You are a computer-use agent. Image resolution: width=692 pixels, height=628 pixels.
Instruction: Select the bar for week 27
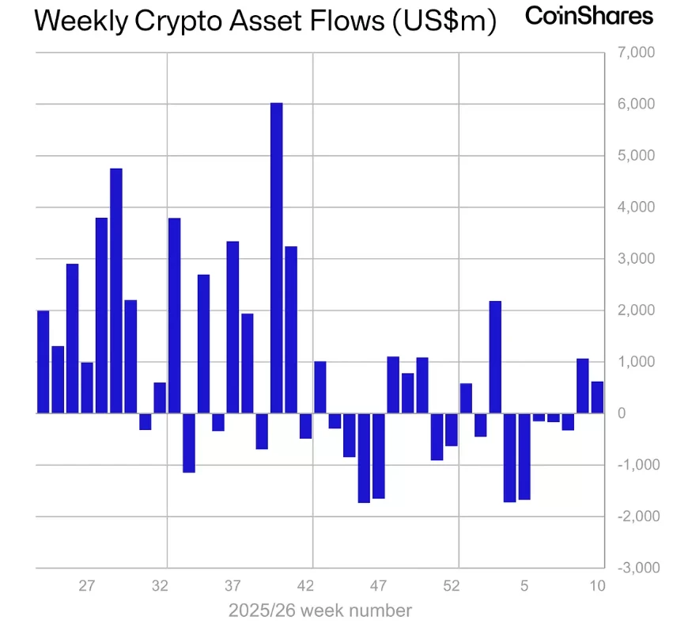point(87,387)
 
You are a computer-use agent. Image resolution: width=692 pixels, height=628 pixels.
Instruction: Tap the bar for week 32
point(160,398)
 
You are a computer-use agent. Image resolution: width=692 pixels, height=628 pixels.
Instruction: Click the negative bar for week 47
point(378,455)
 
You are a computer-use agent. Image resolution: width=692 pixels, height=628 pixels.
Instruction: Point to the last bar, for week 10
point(597,398)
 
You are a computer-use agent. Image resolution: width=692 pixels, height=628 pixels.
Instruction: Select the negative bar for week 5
point(524,456)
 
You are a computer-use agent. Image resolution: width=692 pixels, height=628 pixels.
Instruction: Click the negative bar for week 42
point(305,425)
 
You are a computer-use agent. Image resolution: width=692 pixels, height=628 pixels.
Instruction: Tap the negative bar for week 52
point(451,429)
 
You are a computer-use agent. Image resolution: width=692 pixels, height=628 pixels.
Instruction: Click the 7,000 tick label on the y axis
point(633,52)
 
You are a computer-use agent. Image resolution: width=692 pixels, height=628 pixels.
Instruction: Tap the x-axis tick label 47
point(378,586)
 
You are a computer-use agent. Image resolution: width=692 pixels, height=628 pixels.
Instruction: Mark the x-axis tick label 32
point(160,586)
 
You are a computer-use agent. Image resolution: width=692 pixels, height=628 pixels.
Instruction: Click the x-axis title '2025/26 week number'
point(320,611)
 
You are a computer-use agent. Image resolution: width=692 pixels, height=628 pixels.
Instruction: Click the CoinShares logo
point(590,16)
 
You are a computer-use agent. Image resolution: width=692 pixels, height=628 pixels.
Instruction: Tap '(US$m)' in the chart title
point(444,21)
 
